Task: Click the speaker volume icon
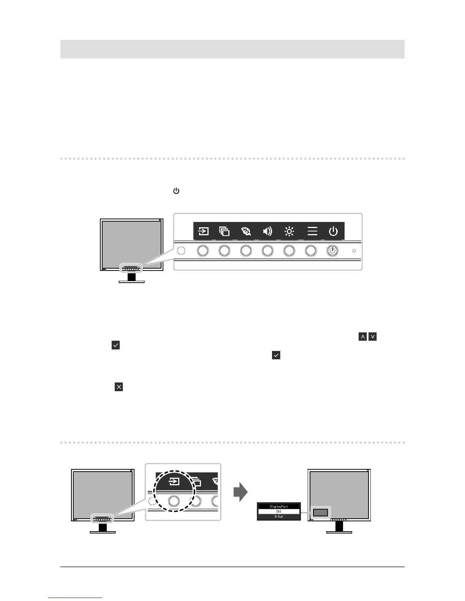(267, 231)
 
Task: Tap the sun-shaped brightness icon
(289, 231)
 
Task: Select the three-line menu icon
(312, 231)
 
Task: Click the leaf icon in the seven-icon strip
(246, 231)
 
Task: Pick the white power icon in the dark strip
(333, 231)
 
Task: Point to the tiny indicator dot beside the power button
(354, 251)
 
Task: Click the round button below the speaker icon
(267, 251)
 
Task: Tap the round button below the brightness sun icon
(289, 251)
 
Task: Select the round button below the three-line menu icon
(311, 251)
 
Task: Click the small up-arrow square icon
(362, 337)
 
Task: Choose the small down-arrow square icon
(373, 337)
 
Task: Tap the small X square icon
(119, 387)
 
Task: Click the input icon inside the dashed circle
(174, 482)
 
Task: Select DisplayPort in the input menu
(279, 507)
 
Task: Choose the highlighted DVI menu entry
(279, 511)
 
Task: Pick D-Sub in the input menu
(279, 517)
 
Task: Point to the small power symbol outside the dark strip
(176, 191)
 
